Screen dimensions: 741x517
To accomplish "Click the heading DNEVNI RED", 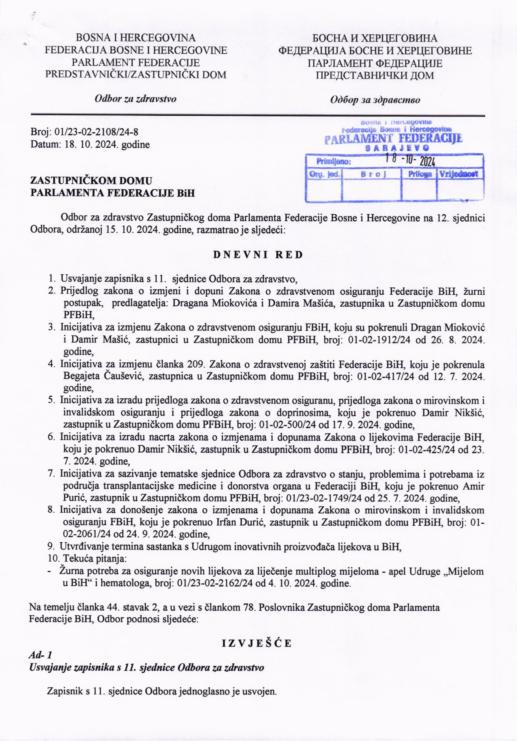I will click(x=258, y=255).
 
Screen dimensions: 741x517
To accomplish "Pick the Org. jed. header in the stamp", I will click(x=324, y=175).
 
